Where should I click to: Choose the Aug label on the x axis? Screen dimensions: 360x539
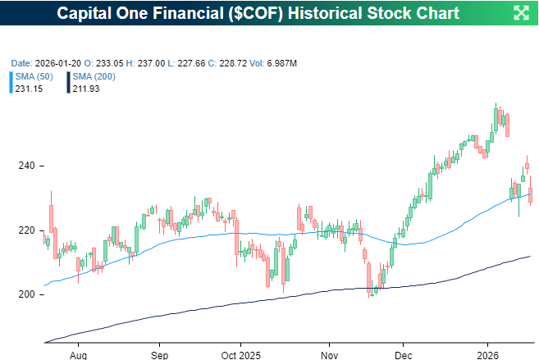coord(78,356)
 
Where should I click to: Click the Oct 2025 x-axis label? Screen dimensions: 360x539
coord(240,356)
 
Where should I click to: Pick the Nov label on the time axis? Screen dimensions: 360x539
coord(329,356)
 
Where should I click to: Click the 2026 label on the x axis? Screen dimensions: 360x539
coord(488,356)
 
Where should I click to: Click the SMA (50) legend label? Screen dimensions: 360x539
coord(35,76)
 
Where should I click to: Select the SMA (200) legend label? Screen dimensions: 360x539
coord(94,76)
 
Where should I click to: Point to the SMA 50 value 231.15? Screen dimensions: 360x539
coord(29,88)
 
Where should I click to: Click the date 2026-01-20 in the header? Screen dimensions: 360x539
coord(57,62)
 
